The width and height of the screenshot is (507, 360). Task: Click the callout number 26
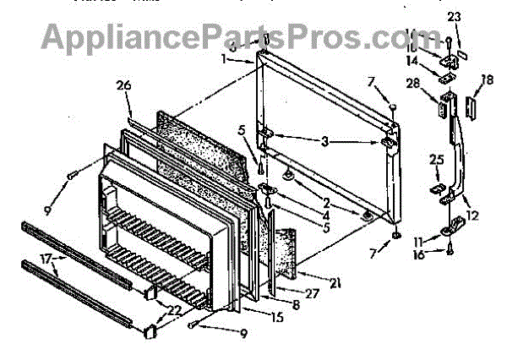pos(123,86)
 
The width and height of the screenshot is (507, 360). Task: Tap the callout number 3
pos(323,139)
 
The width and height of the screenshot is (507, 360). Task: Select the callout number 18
pos(486,79)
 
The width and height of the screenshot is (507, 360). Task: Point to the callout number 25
pos(436,158)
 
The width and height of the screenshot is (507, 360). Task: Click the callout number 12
pos(472,215)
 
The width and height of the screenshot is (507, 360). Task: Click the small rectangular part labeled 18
pos(472,108)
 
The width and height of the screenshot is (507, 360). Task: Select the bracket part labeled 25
pos(439,188)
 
